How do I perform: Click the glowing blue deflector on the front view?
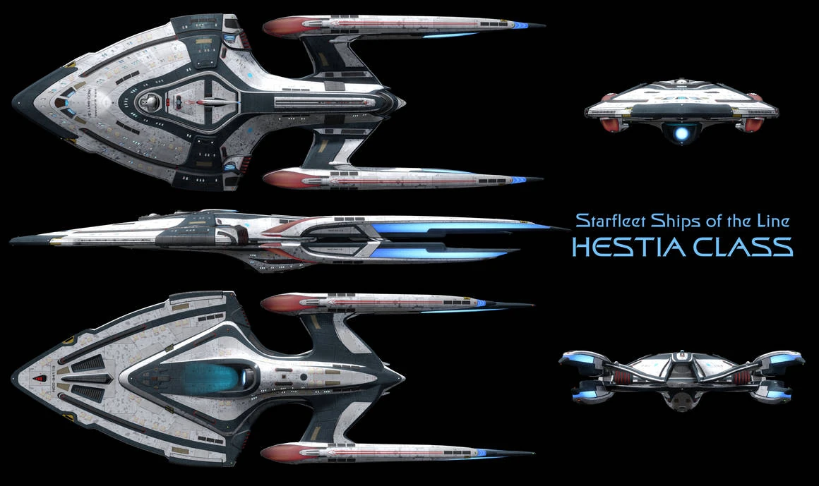[x=681, y=131]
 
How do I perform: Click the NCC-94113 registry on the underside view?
[x=54, y=372]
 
